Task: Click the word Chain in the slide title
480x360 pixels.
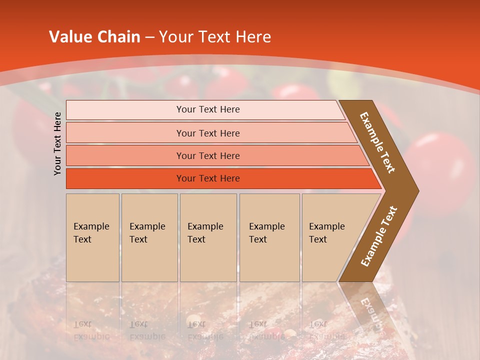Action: point(118,37)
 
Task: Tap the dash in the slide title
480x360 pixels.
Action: point(149,37)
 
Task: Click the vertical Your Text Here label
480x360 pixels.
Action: point(57,143)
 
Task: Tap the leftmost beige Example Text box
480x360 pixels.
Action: point(92,237)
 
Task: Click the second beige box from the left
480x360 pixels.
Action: point(149,237)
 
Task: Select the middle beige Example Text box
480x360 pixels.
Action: point(208,237)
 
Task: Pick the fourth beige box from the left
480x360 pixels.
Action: point(269,237)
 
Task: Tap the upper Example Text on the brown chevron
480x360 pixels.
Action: point(378,142)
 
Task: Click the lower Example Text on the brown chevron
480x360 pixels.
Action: point(379,236)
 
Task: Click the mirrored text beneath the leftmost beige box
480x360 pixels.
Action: point(91,330)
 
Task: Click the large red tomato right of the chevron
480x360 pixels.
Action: point(442,165)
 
